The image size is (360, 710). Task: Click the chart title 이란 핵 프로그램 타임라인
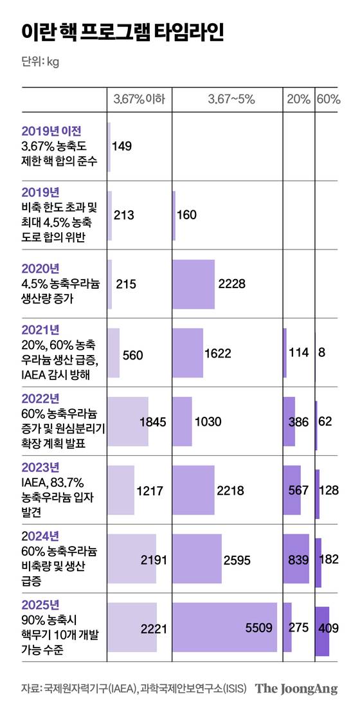122,32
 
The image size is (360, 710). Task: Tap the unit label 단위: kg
40,62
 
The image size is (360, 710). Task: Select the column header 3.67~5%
231,99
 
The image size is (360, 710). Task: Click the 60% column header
328,99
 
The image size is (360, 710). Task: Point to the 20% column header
298,99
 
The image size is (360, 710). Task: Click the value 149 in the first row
122,146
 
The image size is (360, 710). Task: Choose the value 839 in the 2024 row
298,560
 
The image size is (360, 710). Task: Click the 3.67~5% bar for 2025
224,628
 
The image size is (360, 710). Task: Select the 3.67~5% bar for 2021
188,352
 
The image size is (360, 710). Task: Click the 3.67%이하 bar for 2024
131,559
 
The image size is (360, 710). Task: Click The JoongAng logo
296,689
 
